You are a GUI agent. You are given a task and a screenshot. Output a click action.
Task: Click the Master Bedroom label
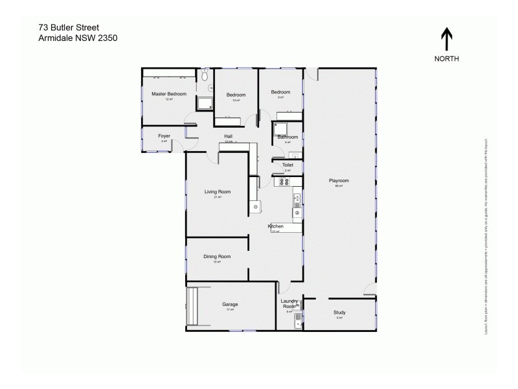[169, 94]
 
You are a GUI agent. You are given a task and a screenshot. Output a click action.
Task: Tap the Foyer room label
[164, 136]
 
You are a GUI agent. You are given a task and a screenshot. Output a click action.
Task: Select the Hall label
[229, 136]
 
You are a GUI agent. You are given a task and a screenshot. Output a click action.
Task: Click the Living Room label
[218, 192]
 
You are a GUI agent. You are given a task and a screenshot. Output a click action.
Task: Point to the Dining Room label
[217, 257]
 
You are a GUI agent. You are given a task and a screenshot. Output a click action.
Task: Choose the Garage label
[231, 304]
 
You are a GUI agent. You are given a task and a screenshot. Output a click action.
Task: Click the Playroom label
[339, 180]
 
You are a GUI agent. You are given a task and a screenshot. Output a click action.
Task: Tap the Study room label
[340, 313]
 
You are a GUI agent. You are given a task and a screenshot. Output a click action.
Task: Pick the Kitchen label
[276, 226]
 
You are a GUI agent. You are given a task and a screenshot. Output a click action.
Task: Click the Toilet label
[287, 165]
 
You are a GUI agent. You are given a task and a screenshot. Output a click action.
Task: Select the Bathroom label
[287, 137]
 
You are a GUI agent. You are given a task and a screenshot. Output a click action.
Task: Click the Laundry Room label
[289, 303]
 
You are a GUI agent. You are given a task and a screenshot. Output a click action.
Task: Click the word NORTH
[447, 58]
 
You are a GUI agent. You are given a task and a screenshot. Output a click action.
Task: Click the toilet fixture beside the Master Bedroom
[205, 76]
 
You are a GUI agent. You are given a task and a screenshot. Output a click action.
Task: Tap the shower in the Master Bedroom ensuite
[205, 103]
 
